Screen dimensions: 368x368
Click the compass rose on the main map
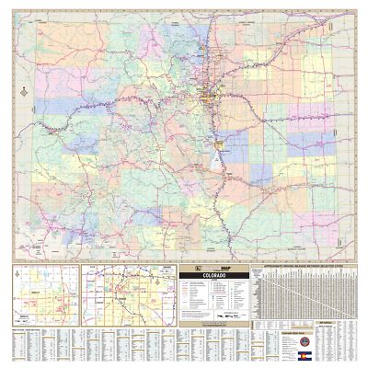tap(20, 91)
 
